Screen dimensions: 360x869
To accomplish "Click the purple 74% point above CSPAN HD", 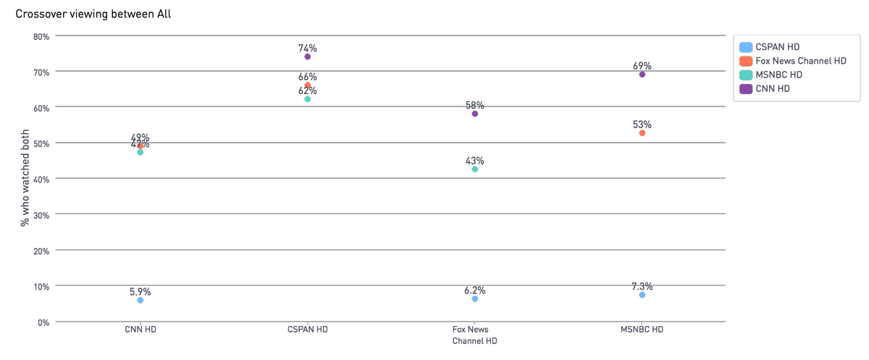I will (x=308, y=56).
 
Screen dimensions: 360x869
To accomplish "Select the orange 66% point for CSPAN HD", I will (x=308, y=85).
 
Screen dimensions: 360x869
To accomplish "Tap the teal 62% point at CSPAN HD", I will (x=308, y=99).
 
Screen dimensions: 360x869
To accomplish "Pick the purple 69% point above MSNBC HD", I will (x=642, y=75).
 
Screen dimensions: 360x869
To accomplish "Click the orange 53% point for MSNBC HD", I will (x=642, y=133).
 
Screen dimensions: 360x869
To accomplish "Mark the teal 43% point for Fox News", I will (x=475, y=169).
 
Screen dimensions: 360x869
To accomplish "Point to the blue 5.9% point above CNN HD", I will (x=140, y=301).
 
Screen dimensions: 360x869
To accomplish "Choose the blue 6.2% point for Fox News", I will (x=475, y=299).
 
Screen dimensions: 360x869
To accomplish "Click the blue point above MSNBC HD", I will (x=642, y=295).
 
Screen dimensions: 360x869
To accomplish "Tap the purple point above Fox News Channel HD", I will (x=475, y=114).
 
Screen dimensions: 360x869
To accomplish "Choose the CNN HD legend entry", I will (x=772, y=88).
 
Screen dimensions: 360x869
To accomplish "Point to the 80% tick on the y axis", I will (x=41, y=36).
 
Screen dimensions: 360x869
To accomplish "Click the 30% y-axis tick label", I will (x=41, y=214).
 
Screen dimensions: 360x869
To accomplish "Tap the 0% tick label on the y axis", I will (x=43, y=322).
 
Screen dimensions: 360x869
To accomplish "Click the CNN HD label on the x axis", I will (x=140, y=330).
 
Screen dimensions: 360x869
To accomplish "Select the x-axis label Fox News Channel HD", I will (x=475, y=335).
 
